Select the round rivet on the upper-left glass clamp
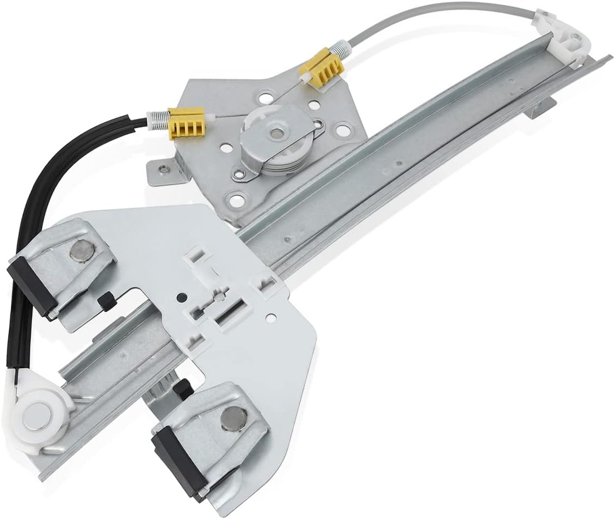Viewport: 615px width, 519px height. (83, 250)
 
